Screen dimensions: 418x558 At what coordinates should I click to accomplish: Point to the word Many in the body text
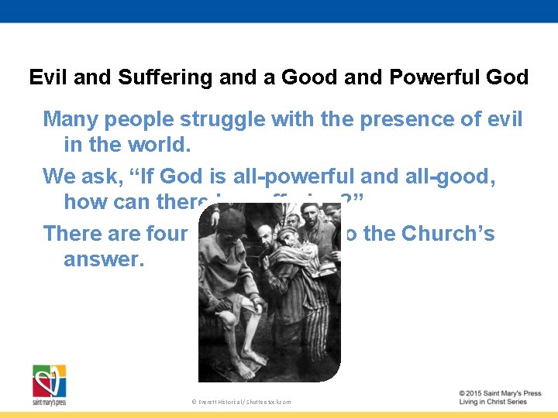coord(70,119)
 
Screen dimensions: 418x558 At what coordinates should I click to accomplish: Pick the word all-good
coord(463,176)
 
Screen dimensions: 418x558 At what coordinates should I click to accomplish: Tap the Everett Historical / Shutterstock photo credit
coord(240,402)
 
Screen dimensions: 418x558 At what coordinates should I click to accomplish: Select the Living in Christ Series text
coord(493,402)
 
